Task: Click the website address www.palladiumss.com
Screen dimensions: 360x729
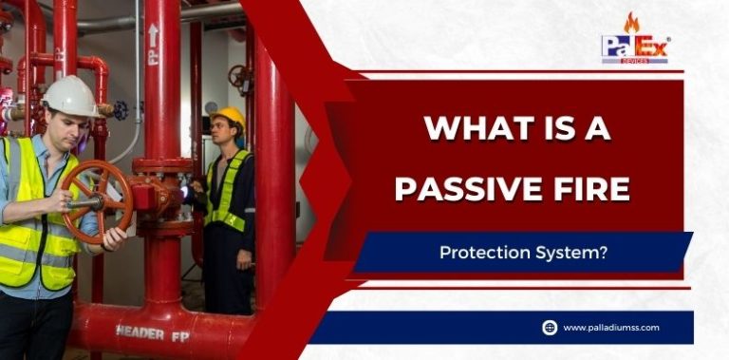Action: coord(610,328)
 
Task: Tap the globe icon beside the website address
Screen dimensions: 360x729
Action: coord(550,328)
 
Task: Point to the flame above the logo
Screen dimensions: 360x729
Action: coord(631,22)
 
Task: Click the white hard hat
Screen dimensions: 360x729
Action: coord(70,95)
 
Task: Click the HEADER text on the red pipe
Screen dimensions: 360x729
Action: coord(140,332)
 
